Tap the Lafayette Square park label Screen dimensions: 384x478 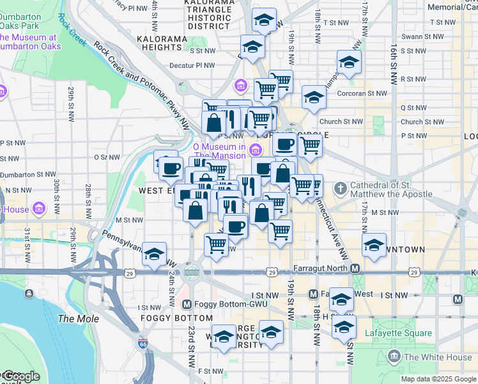[398, 333]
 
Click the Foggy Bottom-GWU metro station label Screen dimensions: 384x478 [217, 304]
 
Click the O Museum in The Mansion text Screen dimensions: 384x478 [220, 151]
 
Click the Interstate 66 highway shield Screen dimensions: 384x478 [143, 344]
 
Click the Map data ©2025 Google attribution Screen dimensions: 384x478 [439, 379]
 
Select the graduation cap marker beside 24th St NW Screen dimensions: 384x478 [154, 254]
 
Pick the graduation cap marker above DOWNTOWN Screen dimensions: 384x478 [374, 244]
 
